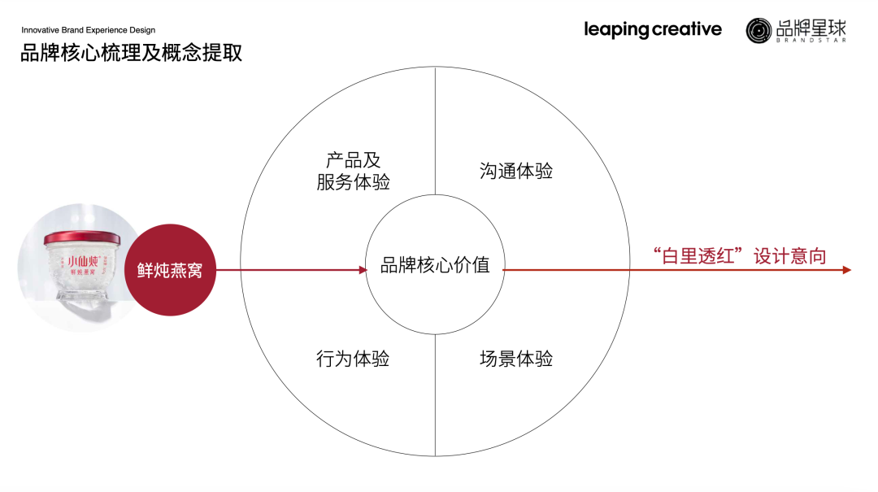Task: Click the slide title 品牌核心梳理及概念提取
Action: pyautogui.click(x=131, y=54)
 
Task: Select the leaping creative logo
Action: pyautogui.click(x=652, y=30)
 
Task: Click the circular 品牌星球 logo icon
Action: pyautogui.click(x=758, y=30)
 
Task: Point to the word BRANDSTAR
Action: pyautogui.click(x=811, y=40)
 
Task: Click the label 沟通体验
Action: pyautogui.click(x=516, y=171)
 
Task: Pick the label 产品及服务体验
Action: pyautogui.click(x=353, y=171)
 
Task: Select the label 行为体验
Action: pyautogui.click(x=353, y=358)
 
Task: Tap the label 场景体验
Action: pyautogui.click(x=516, y=358)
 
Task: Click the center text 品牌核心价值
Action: pyautogui.click(x=435, y=265)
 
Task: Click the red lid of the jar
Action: pyautogui.click(x=81, y=237)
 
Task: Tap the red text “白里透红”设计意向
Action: pyautogui.click(x=739, y=256)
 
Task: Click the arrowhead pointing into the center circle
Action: pyautogui.click(x=363, y=270)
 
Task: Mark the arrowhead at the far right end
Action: pyautogui.click(x=847, y=270)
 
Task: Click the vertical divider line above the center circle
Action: pyautogui.click(x=435, y=130)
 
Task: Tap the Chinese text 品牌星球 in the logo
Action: pyautogui.click(x=811, y=27)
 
